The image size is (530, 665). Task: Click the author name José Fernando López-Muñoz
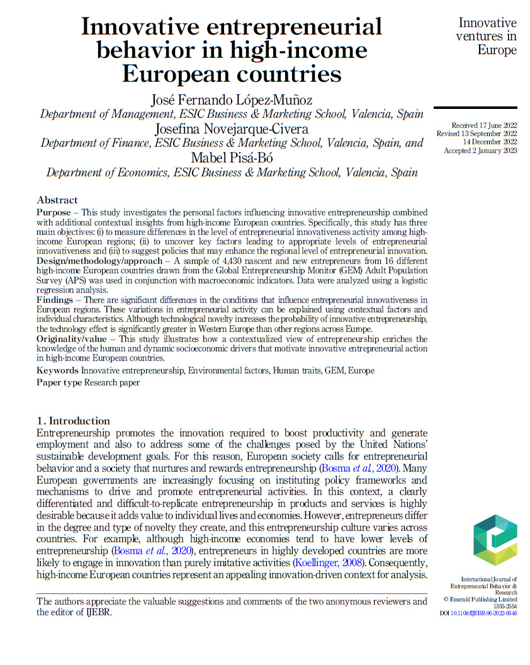click(232, 100)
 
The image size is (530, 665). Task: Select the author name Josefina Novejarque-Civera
click(232, 129)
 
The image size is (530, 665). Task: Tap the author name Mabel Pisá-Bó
click(232, 157)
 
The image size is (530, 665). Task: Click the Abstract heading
click(57, 200)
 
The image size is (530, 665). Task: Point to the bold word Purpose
click(54, 213)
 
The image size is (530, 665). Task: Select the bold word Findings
click(55, 300)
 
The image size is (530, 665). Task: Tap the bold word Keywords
click(58, 370)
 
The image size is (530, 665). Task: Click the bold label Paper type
click(60, 382)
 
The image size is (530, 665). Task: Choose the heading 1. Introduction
click(73, 421)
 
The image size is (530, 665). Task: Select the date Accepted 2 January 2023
click(480, 151)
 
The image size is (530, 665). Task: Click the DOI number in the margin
click(483, 613)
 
